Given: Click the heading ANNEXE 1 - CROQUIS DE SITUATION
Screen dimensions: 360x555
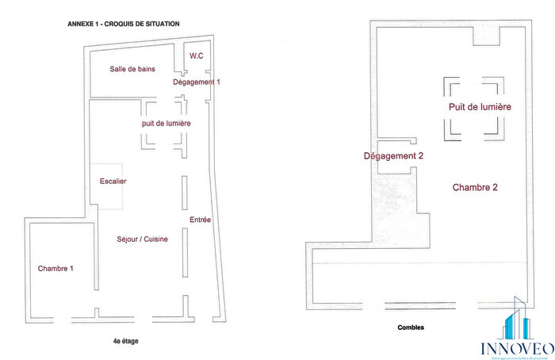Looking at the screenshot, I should pos(124,24).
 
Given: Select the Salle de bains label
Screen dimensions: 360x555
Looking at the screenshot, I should pos(132,69).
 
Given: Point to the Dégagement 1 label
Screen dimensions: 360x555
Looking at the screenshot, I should pos(197,82).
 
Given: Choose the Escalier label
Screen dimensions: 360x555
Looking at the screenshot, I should pos(113,182).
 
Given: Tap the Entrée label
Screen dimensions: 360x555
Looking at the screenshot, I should pos(200,220).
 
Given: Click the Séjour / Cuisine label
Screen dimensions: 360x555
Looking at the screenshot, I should pos(143,239).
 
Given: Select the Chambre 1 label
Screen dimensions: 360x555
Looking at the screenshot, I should pos(55,269).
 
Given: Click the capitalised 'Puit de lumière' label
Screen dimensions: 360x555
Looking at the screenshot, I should pos(479,106).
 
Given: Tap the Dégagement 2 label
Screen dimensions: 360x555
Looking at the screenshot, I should pos(393,156).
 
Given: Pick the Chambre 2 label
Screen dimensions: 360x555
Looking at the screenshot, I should pos(475,188).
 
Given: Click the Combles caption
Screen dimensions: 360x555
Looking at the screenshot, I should pos(411,327).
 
